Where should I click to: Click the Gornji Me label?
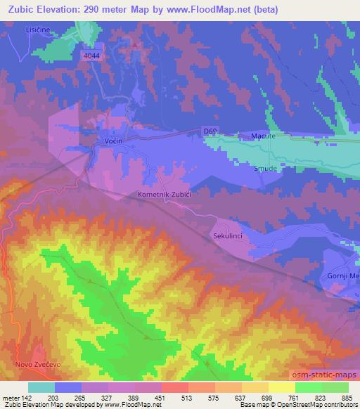pos(343,275)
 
